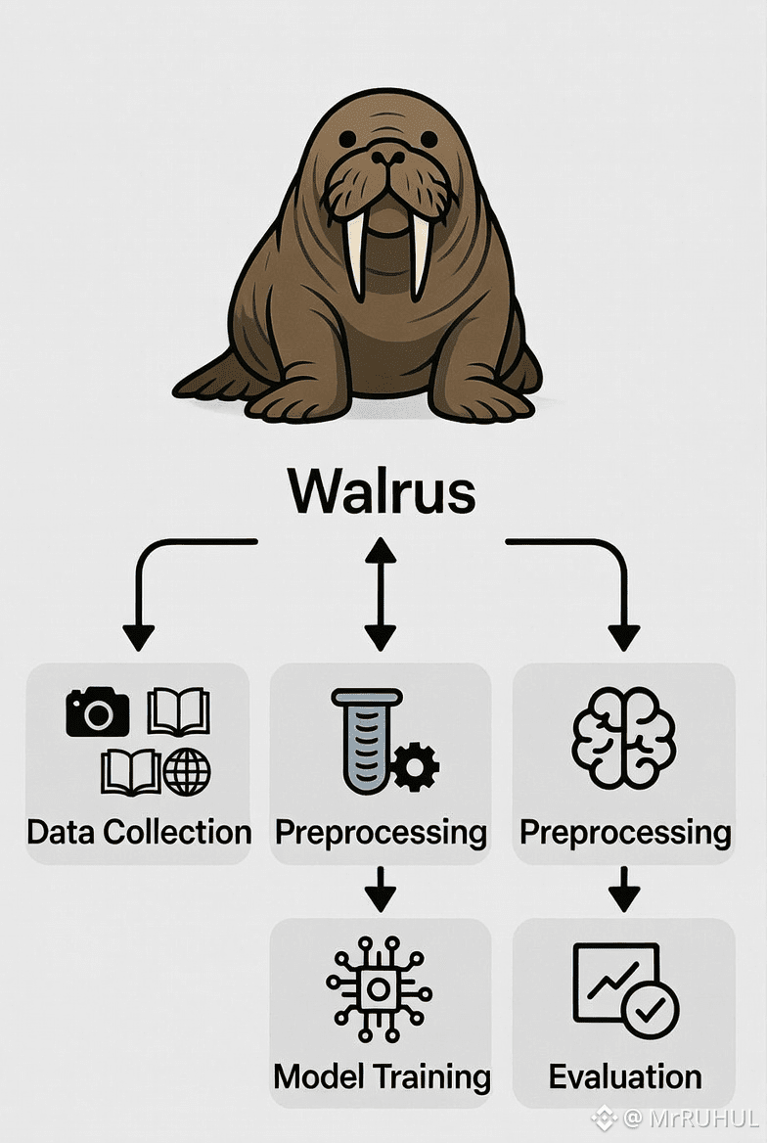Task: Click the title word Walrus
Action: click(x=382, y=491)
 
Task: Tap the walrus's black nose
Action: click(x=387, y=156)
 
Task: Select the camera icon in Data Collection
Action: click(x=97, y=711)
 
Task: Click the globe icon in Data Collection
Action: click(x=187, y=772)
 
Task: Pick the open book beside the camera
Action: click(x=178, y=711)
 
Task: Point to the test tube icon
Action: click(x=365, y=739)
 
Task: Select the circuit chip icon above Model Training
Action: click(x=379, y=988)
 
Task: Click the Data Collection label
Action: click(x=139, y=833)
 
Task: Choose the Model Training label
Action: click(x=382, y=1076)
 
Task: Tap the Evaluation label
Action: click(x=625, y=1076)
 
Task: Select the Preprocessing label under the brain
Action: click(x=625, y=833)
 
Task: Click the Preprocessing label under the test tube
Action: click(x=381, y=833)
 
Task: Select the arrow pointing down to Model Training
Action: click(x=381, y=889)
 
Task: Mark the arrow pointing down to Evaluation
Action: click(x=623, y=889)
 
